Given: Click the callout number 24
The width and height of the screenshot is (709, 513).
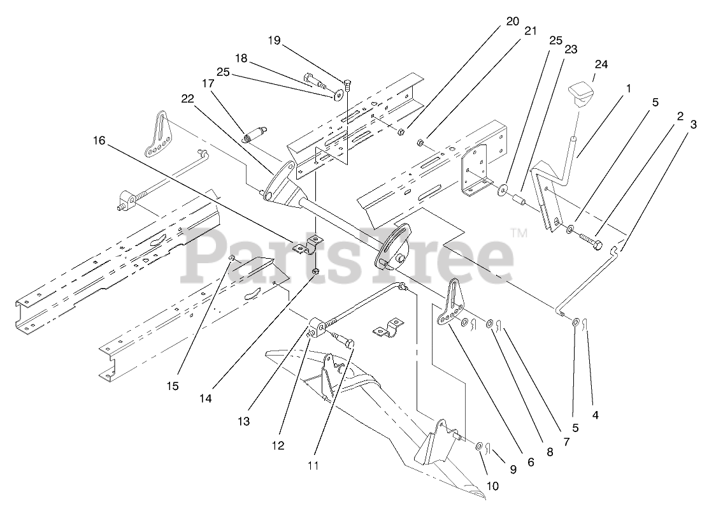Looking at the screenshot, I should coord(601,64).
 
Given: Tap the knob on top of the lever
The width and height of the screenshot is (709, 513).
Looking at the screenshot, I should coord(582,95).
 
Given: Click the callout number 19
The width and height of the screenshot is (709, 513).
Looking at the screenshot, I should coord(274,40).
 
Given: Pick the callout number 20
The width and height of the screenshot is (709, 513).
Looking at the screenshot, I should coord(513,20).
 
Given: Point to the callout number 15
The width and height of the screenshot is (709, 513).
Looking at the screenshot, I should coord(173,386).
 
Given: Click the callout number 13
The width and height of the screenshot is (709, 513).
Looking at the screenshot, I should coord(243,421).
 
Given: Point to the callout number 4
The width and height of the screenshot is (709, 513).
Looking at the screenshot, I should coord(596,415).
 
